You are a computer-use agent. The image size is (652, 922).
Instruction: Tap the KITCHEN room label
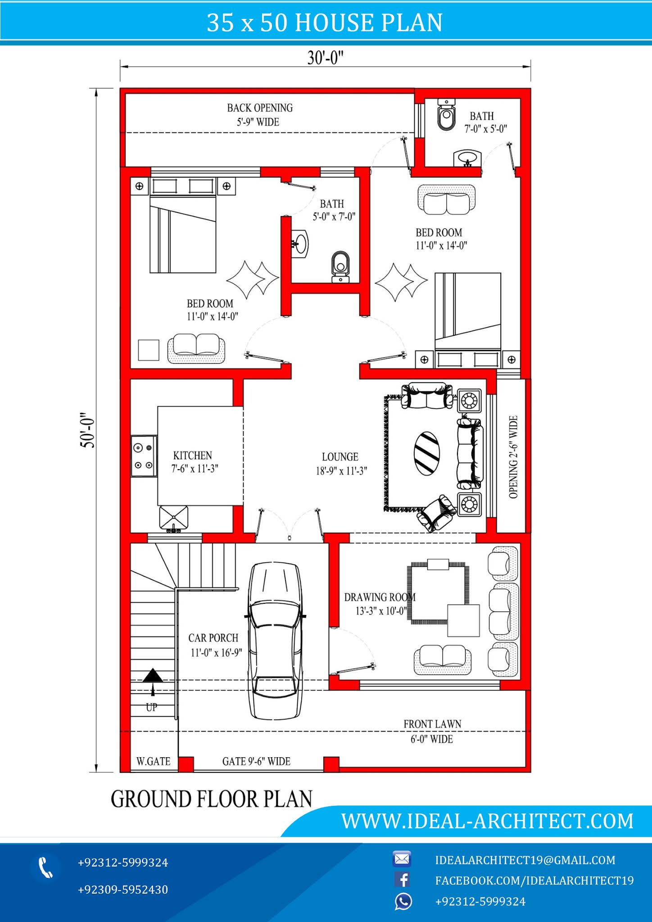[x=193, y=456]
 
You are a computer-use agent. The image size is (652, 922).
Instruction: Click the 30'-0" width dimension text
[x=325, y=58]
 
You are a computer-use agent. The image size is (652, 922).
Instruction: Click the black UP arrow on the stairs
[x=153, y=676]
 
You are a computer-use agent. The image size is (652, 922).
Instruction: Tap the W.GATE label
[x=154, y=761]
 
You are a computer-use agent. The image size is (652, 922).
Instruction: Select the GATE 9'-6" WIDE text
[x=256, y=761]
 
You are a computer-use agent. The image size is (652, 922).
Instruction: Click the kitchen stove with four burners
[x=144, y=456]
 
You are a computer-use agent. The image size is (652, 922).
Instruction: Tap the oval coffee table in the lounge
[x=427, y=453]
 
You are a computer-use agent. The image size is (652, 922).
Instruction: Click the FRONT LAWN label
[x=432, y=724]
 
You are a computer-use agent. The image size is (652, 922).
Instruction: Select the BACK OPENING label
[x=260, y=108]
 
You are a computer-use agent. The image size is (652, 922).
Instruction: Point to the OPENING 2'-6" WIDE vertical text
[x=513, y=457]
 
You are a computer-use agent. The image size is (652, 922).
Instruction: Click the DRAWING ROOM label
[x=379, y=597]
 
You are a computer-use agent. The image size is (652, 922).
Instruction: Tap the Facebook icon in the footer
[x=403, y=879]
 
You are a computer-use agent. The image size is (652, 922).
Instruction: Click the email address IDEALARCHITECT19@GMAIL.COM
[x=525, y=860]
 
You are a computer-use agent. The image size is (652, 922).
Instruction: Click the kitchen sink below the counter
[x=174, y=518]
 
